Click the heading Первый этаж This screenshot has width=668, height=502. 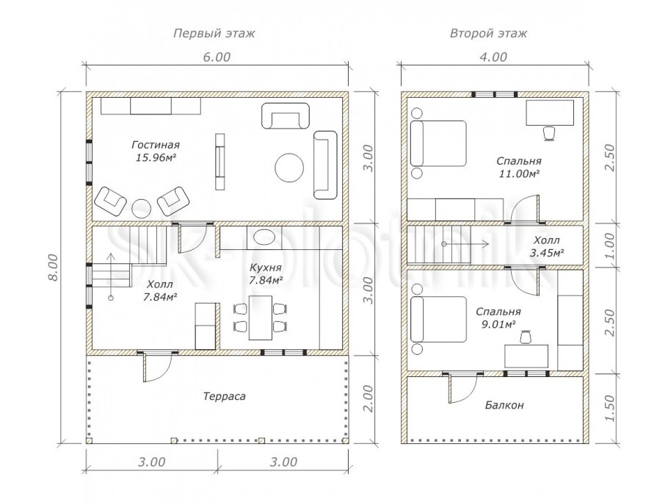(214, 33)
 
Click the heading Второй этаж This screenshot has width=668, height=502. (488, 33)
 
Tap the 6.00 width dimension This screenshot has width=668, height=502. (217, 57)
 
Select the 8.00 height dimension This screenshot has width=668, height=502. (52, 268)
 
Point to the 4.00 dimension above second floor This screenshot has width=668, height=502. (493, 57)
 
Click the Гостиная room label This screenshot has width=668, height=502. (156, 145)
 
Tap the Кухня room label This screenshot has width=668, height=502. (266, 268)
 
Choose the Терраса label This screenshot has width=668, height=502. (224, 397)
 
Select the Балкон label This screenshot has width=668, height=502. (504, 405)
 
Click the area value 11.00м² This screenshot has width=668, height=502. (519, 173)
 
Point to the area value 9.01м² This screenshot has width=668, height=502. (498, 325)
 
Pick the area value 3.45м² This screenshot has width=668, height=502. (547, 253)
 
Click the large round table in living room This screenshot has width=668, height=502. (289, 168)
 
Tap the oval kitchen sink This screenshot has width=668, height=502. (264, 237)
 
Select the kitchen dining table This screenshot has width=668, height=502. (261, 318)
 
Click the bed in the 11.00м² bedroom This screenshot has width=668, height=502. (438, 143)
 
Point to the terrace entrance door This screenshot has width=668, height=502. (145, 367)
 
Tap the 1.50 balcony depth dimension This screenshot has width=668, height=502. (610, 408)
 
